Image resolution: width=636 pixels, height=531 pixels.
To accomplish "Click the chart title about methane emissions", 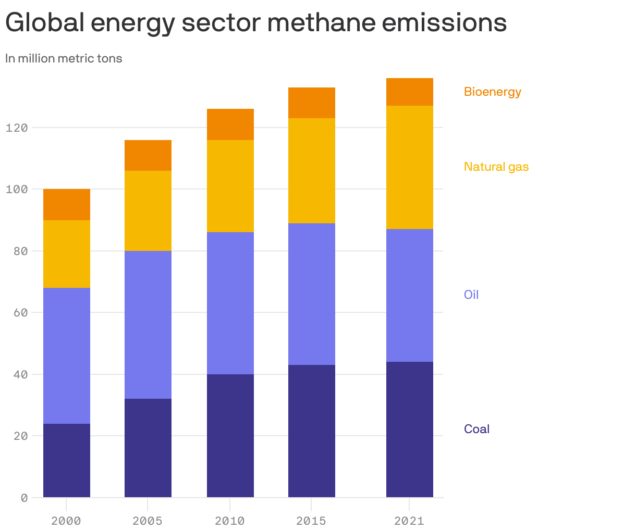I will pyautogui.click(x=255, y=23).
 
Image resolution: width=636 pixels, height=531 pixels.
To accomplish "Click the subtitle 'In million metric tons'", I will pyautogui.click(x=64, y=58).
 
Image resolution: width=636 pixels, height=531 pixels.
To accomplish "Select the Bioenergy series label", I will pyautogui.click(x=492, y=92).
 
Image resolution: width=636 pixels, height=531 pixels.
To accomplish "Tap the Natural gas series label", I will pyautogui.click(x=496, y=167).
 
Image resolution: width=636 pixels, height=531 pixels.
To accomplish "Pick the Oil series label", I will pyautogui.click(x=471, y=295).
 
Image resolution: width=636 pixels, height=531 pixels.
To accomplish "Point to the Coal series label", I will pyautogui.click(x=476, y=429).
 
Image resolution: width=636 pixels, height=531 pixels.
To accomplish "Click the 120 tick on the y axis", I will pyautogui.click(x=17, y=128).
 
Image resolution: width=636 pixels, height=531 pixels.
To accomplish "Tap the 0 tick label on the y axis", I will pyautogui.click(x=24, y=498).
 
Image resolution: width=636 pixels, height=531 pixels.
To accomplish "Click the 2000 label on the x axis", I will pyautogui.click(x=66, y=521).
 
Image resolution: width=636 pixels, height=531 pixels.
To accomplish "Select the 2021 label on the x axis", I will pyautogui.click(x=409, y=521).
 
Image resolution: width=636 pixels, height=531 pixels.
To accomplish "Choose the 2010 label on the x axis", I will pyautogui.click(x=230, y=521).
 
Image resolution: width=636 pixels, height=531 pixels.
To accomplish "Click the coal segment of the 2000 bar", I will pyautogui.click(x=67, y=460).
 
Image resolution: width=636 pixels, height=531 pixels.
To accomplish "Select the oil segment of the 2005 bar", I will pyautogui.click(x=148, y=325).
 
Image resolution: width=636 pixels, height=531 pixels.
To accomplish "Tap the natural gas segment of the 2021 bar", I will pyautogui.click(x=409, y=167).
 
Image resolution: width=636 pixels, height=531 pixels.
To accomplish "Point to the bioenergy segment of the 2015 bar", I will pyautogui.click(x=311, y=103).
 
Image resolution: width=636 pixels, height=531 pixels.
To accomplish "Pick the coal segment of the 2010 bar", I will pyautogui.click(x=230, y=436).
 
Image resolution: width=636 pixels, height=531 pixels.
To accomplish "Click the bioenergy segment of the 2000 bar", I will pyautogui.click(x=67, y=205).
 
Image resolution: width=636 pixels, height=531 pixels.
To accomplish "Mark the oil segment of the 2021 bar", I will pyautogui.click(x=409, y=295).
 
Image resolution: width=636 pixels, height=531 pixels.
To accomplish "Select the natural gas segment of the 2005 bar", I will pyautogui.click(x=148, y=211).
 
